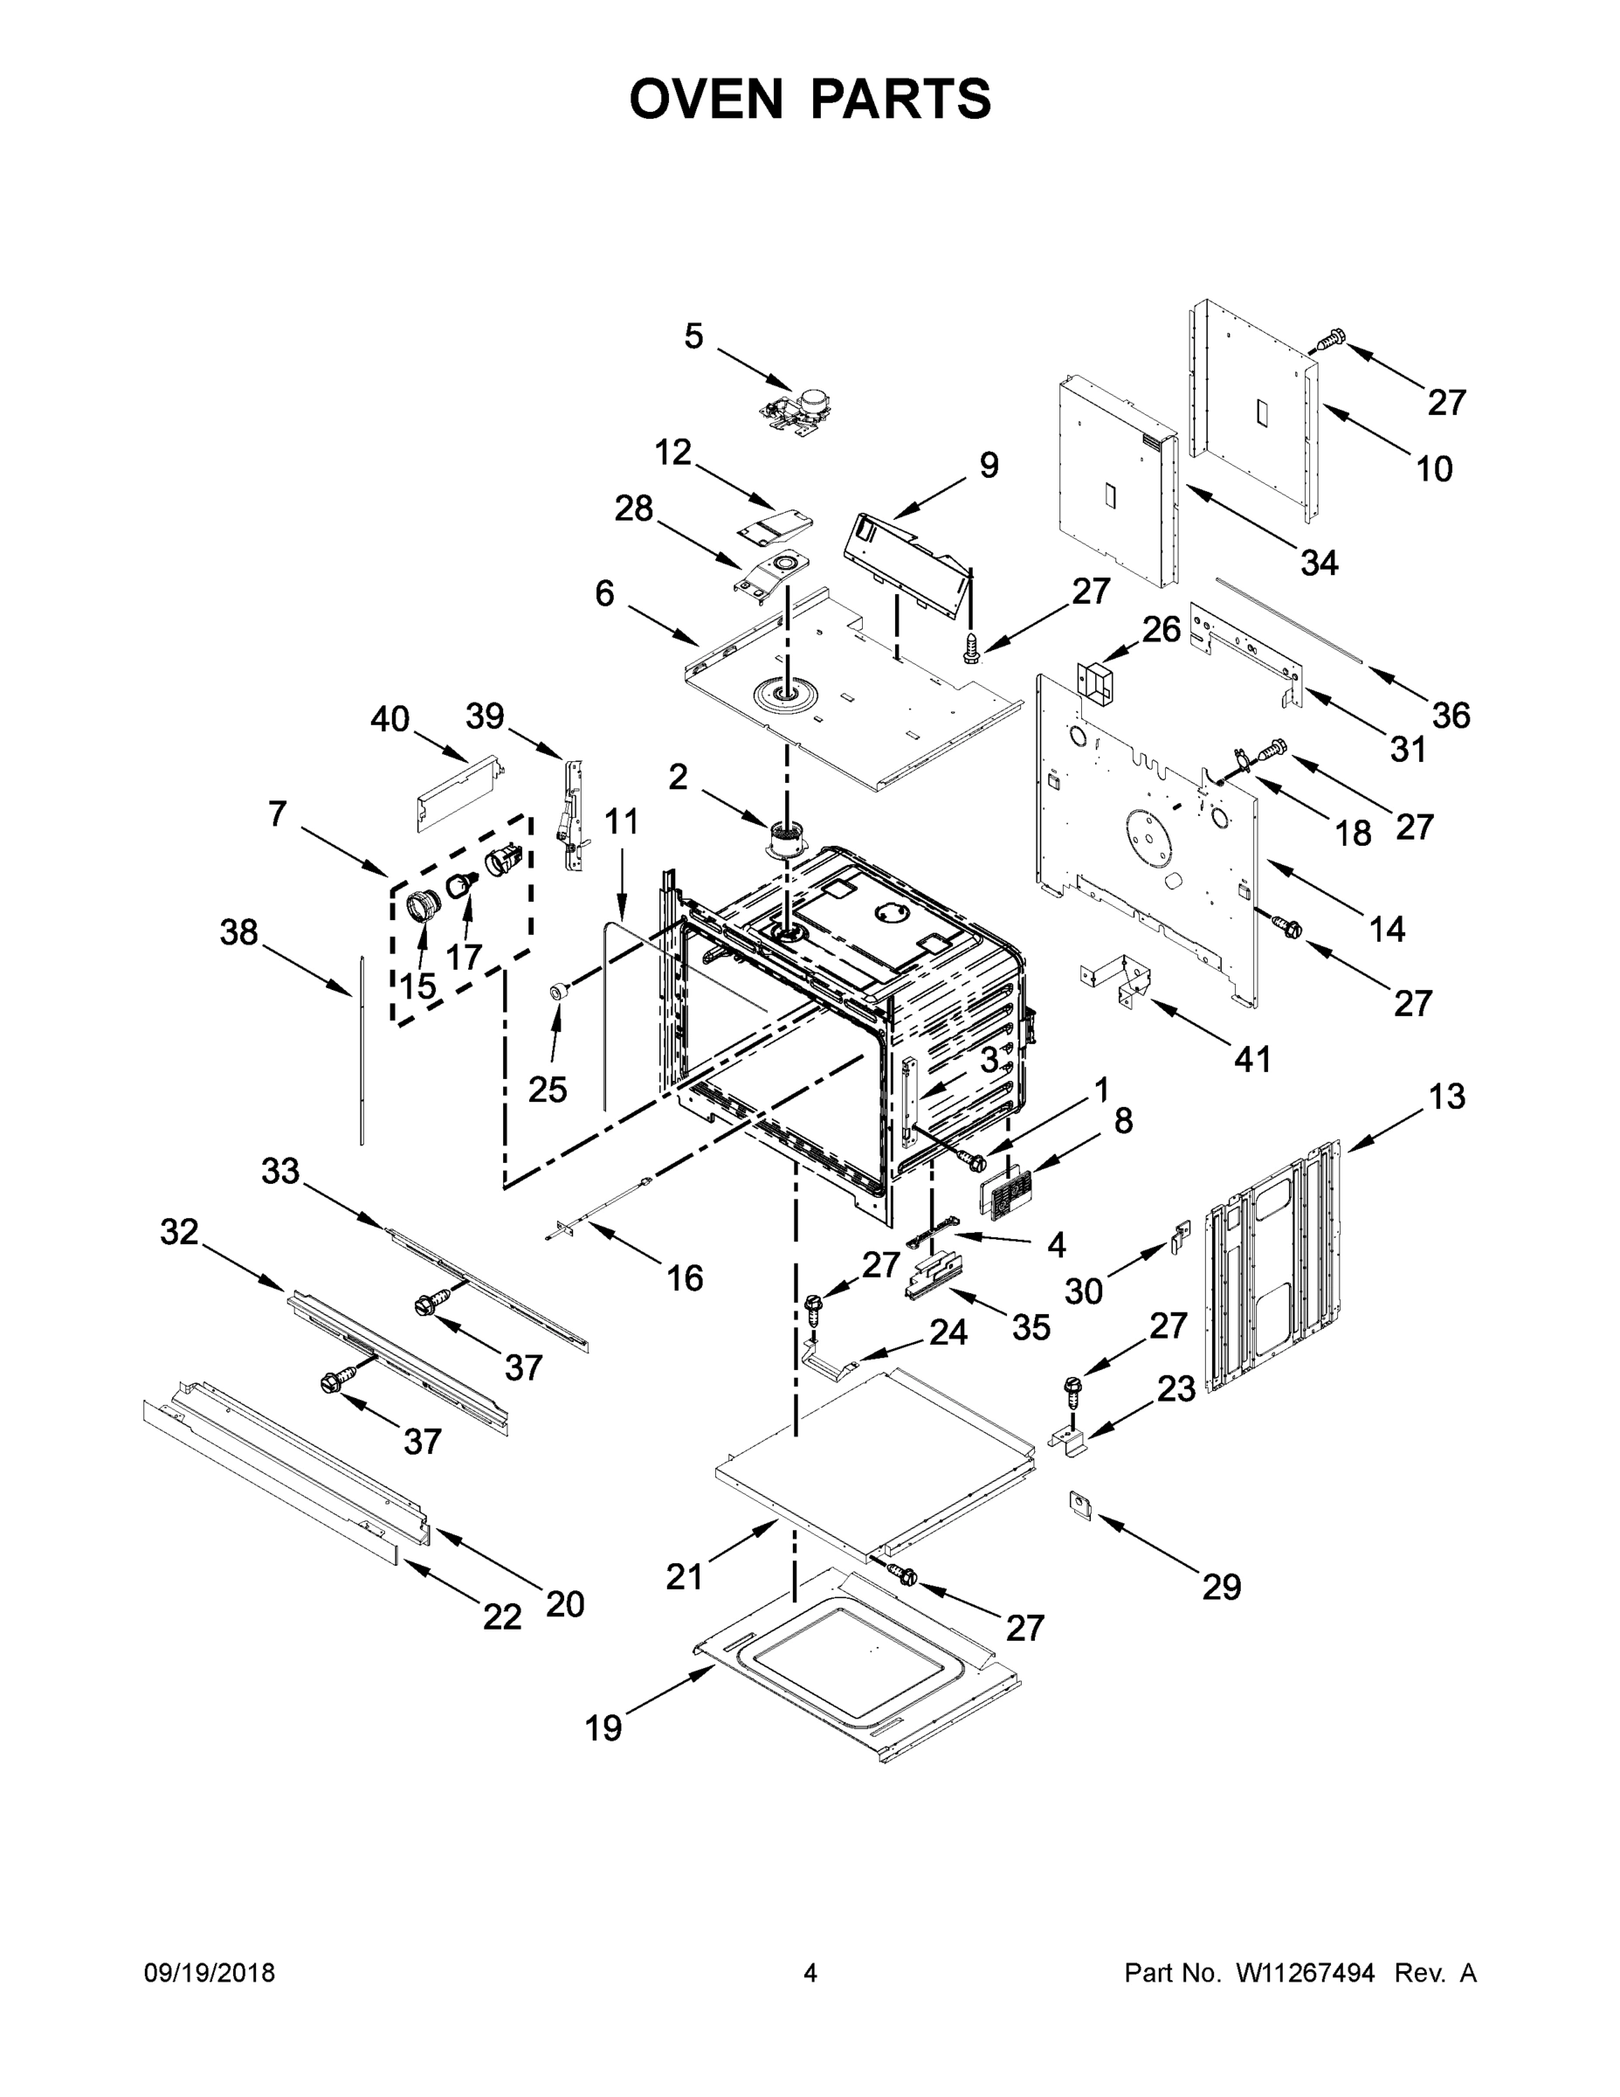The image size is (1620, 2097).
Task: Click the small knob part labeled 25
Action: pos(555,992)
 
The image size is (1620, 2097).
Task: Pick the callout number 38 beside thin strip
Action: pos(239,931)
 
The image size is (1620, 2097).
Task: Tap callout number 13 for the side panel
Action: pos(1446,1097)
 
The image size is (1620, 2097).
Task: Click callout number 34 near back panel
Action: pos(1319,563)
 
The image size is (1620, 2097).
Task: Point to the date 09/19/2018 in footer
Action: pos(210,1972)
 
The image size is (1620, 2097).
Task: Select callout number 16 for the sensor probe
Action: pos(685,1278)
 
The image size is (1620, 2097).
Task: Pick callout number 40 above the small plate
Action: pos(389,718)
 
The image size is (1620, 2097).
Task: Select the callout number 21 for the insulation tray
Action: pos(685,1576)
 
